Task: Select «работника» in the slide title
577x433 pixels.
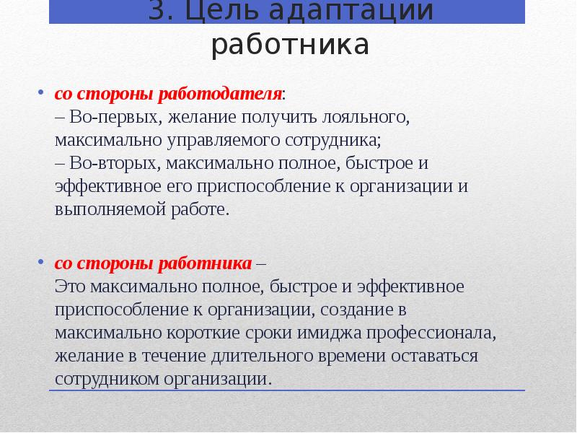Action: (x=290, y=46)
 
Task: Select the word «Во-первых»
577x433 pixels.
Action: (x=108, y=117)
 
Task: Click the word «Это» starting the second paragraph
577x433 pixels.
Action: (x=70, y=287)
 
